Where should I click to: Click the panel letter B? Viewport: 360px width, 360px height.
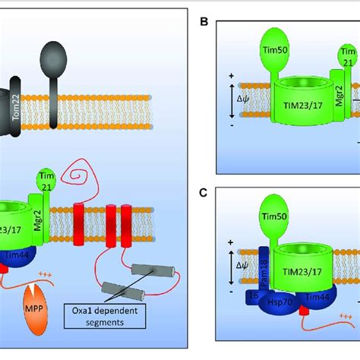click(x=203, y=21)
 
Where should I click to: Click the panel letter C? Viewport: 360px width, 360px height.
click(x=203, y=192)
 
